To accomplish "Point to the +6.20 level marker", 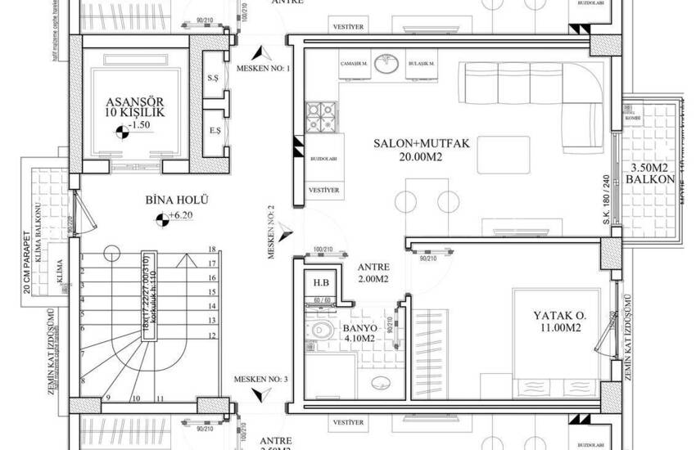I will pos(172,218).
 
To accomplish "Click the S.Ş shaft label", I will pos(214,78).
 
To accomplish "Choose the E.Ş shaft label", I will pos(214,130).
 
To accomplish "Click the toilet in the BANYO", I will pos(320,331).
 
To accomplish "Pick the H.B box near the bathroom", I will pos(320,284).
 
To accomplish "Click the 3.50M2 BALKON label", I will pos(647,173).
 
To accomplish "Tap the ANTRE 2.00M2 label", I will pos(373,273).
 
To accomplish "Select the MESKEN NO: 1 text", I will pos(263,68).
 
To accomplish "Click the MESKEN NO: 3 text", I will pos(260,380).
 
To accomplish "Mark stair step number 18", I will pos(211,249).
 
